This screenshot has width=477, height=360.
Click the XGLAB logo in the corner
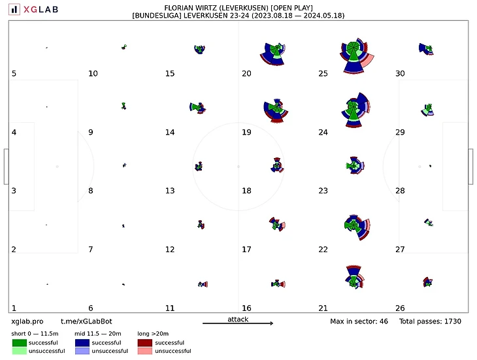click(33, 9)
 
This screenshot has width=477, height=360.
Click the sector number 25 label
click(323, 74)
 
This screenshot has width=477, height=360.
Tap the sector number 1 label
click(14, 308)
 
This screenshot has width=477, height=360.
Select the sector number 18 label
click(246, 191)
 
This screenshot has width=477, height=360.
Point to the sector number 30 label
click(400, 74)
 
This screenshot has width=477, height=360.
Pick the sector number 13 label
click(170, 191)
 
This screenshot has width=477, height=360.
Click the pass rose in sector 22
click(354, 225)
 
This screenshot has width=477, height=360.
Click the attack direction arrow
click(238, 323)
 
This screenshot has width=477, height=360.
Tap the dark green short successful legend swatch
click(19, 342)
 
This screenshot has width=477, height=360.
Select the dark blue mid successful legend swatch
click(82, 342)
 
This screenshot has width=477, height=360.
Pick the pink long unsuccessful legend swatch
click(144, 351)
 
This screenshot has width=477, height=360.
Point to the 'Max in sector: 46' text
click(359, 321)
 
